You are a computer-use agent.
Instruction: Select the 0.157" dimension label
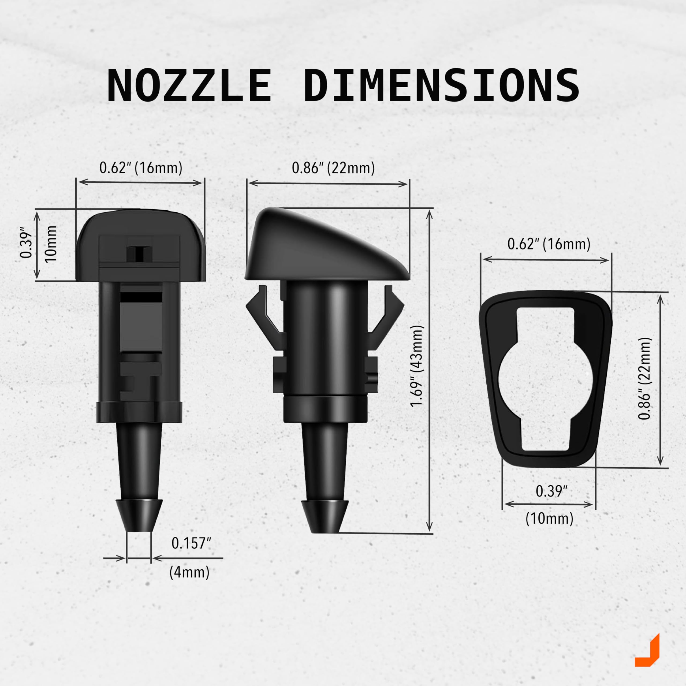pos(191,543)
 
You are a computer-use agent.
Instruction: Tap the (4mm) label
pos(189,572)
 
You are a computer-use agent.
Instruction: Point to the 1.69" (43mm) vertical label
pos(416,366)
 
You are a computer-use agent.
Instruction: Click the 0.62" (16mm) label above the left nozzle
pos(141,167)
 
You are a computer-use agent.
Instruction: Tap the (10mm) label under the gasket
pos(549,519)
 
